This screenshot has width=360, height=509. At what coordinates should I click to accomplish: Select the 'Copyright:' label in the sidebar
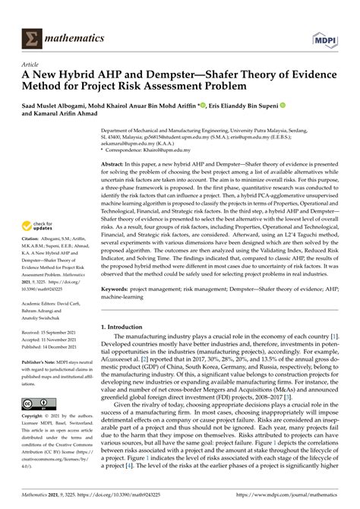click(x=34, y=419)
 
